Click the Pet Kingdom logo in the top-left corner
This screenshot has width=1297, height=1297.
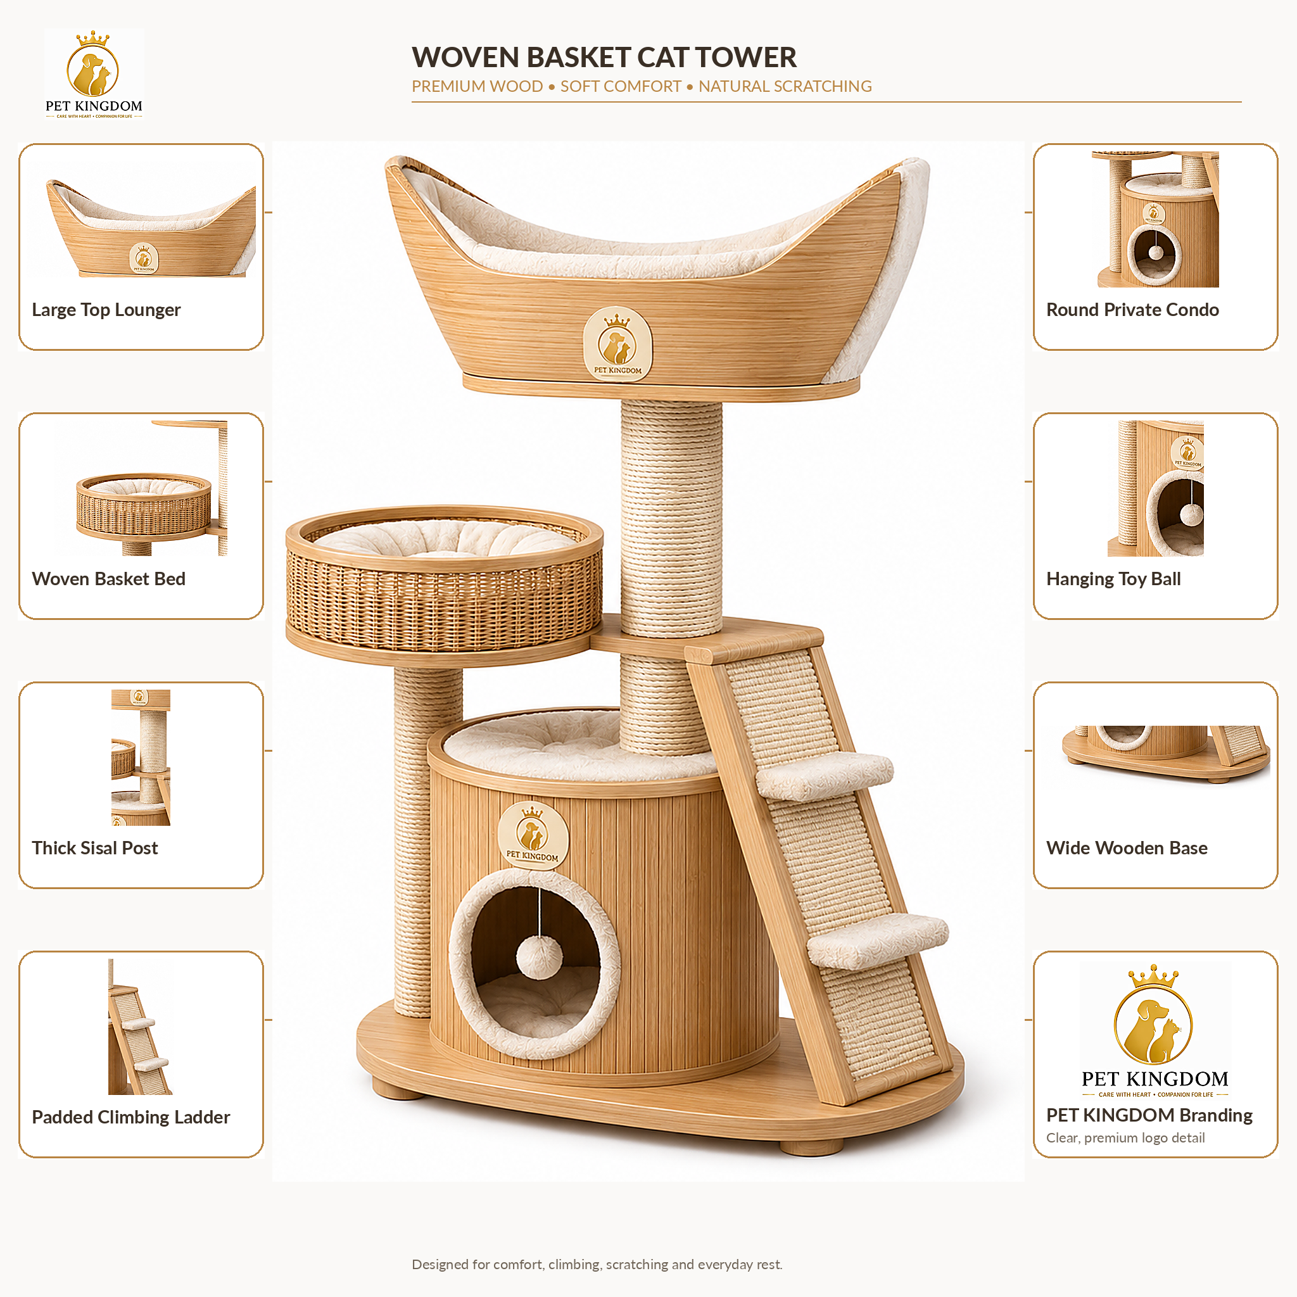tap(94, 75)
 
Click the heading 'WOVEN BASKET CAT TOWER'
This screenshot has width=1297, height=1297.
tap(604, 57)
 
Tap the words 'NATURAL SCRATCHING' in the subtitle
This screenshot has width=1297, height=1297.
tap(785, 87)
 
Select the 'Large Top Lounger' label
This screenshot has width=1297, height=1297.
tap(106, 310)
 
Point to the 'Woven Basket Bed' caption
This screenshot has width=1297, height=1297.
tap(108, 579)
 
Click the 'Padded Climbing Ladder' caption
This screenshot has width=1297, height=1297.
tap(131, 1117)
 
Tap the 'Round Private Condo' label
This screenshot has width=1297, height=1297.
tap(1132, 310)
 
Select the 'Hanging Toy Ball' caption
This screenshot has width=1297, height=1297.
tap(1113, 579)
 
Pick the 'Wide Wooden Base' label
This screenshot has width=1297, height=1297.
tap(1127, 848)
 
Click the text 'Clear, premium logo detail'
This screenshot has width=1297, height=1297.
tap(1125, 1138)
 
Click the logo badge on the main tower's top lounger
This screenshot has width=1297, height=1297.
tap(617, 344)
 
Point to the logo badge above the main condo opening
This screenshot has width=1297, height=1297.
tap(533, 835)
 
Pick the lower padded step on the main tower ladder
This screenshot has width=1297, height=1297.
tap(877, 940)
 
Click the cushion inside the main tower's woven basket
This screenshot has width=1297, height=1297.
tap(444, 538)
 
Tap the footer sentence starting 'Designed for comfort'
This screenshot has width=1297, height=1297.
tap(597, 1264)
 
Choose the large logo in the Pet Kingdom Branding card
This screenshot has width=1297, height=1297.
tap(1155, 1031)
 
